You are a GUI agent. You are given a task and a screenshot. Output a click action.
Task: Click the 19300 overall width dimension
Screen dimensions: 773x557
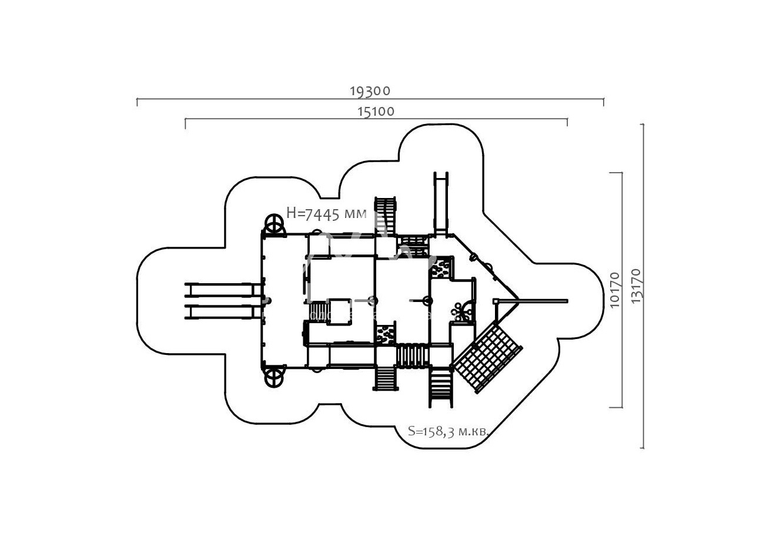(370, 91)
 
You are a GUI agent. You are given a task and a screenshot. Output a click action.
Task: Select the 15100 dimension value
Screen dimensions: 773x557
(376, 111)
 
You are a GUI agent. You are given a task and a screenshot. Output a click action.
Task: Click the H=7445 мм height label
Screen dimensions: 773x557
(326, 213)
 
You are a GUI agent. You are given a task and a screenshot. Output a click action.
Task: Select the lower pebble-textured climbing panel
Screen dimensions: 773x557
(385, 334)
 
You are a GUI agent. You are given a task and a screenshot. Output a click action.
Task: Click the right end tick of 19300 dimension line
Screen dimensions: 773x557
(603, 102)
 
